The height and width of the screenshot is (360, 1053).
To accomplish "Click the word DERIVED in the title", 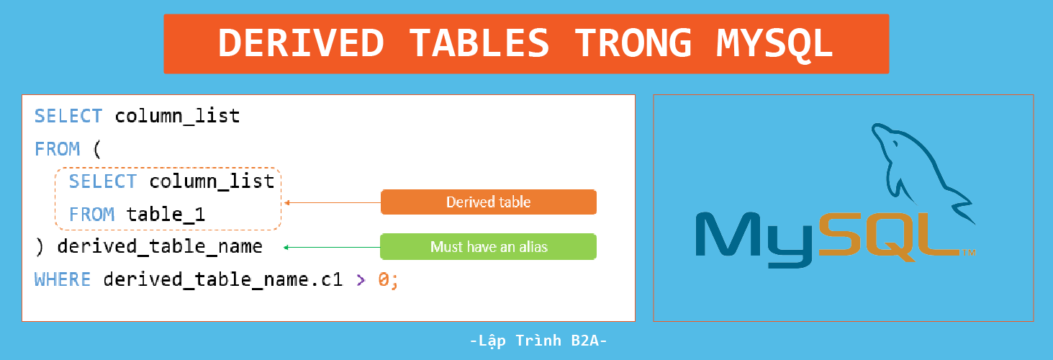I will point(301,44).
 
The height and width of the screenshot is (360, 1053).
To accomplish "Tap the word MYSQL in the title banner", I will point(775,44).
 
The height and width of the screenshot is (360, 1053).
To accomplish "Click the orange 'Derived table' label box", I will point(488,202).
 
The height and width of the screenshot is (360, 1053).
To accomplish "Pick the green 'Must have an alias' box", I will point(488,247).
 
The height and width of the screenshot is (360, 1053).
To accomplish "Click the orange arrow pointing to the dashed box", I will point(331,202).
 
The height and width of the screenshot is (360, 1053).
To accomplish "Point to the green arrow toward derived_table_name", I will point(331,247).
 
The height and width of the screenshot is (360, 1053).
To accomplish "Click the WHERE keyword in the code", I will point(63,279).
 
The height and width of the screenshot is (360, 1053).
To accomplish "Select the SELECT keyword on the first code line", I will point(68,116).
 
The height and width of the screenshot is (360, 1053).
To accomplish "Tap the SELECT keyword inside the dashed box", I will point(103,181).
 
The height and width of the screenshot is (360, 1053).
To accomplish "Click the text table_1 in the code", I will point(166,215).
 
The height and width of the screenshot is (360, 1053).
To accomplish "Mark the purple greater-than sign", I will point(361,279).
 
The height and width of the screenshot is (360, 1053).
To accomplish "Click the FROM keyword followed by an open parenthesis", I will point(57,149).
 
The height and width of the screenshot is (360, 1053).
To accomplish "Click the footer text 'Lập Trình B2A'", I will point(538,341).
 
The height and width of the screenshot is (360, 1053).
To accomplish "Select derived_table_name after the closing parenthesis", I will point(160,247).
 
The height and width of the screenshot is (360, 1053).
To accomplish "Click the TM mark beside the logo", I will point(969,253).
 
